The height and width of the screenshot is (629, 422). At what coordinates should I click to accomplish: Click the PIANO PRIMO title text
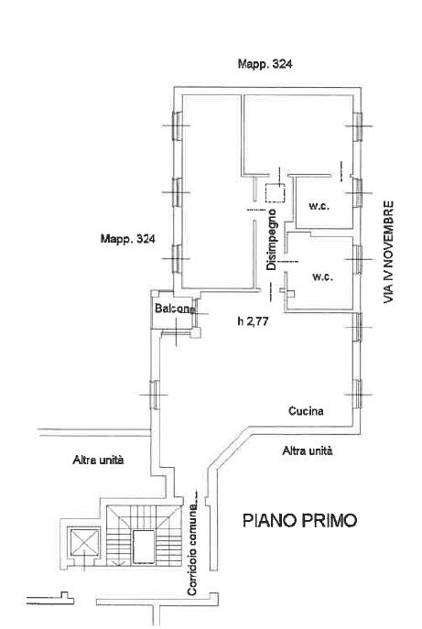[299, 520]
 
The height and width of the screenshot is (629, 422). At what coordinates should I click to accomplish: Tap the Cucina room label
[306, 411]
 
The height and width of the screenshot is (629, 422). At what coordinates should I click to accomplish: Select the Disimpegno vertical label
[272, 239]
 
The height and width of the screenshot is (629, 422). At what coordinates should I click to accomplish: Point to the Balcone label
[175, 309]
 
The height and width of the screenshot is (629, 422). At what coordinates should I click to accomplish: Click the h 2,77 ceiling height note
[253, 321]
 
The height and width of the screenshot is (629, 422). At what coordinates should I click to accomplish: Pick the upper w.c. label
[319, 207]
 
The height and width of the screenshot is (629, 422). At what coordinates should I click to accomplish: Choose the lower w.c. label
[323, 277]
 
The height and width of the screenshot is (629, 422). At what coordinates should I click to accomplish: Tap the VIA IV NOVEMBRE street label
[388, 252]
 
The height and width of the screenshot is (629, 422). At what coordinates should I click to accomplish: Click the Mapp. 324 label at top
[265, 64]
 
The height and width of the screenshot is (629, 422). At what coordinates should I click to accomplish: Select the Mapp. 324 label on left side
[127, 239]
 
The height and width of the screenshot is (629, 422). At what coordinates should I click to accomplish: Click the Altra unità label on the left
[98, 460]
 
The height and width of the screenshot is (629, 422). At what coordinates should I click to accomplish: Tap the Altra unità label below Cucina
[308, 450]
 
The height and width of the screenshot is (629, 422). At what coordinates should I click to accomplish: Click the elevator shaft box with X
[84, 543]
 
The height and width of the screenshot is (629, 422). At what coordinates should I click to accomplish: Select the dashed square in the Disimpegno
[276, 192]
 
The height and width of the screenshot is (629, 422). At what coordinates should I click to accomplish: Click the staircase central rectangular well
[144, 547]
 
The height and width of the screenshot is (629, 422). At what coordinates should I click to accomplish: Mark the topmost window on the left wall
[177, 126]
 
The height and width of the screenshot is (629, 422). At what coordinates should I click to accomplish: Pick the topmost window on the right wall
[357, 126]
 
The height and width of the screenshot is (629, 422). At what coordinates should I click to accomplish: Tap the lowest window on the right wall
[357, 395]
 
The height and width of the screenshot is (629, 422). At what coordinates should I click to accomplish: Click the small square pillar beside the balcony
[195, 332]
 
